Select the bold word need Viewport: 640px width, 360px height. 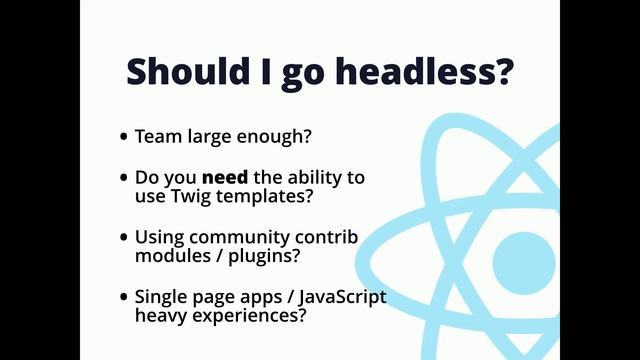(x=220, y=177)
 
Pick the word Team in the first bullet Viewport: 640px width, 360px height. (x=155, y=136)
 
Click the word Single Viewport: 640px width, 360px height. (x=161, y=298)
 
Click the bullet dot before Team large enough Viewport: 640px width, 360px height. (x=124, y=137)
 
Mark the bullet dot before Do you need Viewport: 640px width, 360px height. (x=124, y=178)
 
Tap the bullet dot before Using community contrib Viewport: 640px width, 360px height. (x=124, y=238)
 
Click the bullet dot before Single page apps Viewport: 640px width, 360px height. (x=124, y=298)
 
